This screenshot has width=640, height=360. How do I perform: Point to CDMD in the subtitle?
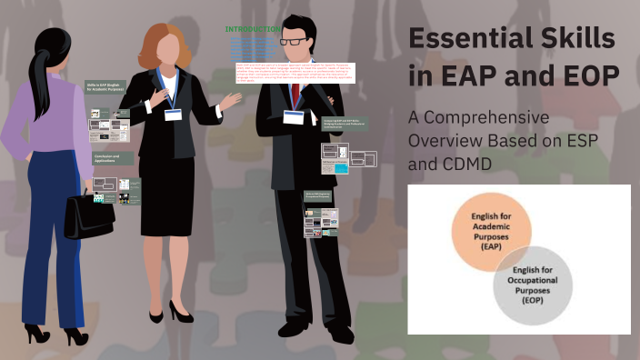473,165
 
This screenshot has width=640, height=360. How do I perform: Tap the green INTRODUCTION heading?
252,29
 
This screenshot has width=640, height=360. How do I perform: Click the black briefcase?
89,215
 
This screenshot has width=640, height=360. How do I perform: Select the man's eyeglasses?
292,41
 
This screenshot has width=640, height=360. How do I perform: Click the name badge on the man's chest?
293,117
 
